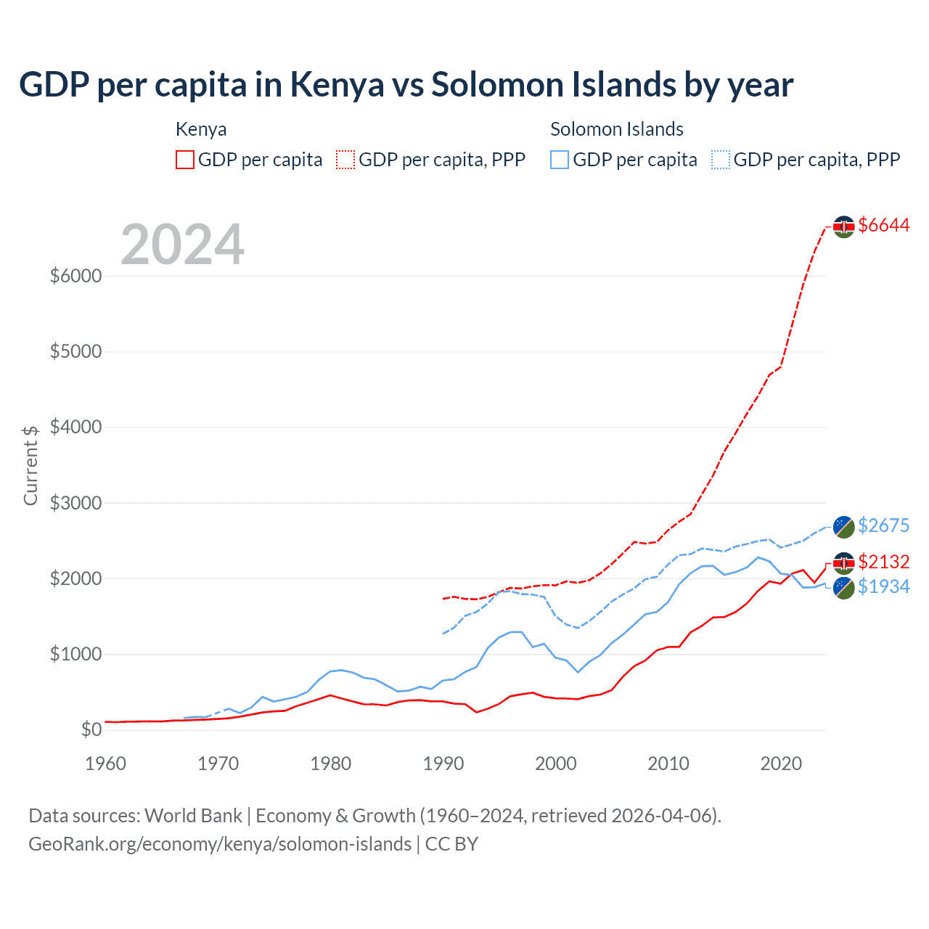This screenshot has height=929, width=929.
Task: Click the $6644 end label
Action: click(883, 226)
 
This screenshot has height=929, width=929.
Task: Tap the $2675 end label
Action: click(883, 525)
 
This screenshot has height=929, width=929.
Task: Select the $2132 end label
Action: click(883, 562)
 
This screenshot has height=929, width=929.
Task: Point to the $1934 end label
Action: click(883, 586)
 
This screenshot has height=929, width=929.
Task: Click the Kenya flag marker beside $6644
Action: click(843, 226)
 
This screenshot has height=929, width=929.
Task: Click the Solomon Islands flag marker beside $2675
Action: click(843, 527)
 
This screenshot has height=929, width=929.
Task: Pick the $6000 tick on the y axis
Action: click(75, 277)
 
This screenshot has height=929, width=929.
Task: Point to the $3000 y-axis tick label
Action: click(75, 503)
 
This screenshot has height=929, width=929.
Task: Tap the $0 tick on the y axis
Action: click(91, 729)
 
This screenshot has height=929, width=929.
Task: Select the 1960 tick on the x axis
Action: click(106, 764)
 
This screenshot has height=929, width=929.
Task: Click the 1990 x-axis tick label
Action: click(443, 764)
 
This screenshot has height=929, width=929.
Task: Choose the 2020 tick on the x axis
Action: click(781, 764)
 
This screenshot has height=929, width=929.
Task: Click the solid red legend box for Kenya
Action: click(185, 160)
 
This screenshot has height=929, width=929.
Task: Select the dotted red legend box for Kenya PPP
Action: click(345, 160)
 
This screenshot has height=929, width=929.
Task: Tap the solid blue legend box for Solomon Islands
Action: click(560, 160)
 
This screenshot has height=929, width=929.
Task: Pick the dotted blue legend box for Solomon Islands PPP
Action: click(721, 160)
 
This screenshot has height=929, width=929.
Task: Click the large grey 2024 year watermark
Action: click(182, 245)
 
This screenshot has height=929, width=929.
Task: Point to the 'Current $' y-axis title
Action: click(30, 465)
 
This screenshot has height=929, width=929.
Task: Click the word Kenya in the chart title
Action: click(337, 85)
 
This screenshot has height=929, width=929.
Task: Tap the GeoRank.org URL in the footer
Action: click(220, 844)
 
